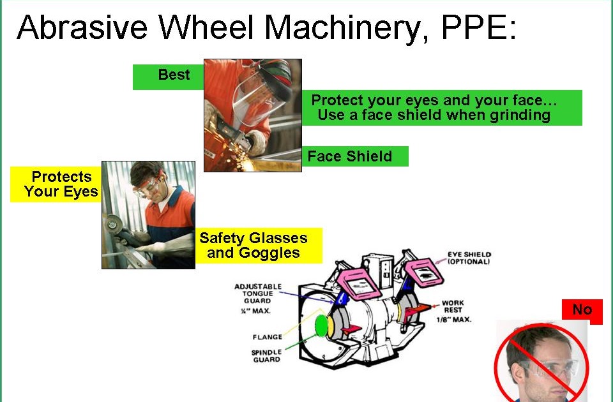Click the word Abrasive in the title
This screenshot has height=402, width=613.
coord(83,27)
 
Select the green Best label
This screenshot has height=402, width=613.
coord(174,75)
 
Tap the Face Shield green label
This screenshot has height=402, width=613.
coord(350,156)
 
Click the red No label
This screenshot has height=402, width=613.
coord(582,310)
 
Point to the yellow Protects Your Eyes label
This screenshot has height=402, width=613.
coord(61,184)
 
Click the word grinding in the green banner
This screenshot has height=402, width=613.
coord(520,115)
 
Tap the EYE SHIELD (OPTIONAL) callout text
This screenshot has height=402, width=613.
coord(469,258)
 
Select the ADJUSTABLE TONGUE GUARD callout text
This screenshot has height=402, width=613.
coord(257,294)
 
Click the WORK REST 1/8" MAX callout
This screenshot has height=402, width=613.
coord(453,311)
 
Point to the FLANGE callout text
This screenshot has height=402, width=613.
coord(267,337)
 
